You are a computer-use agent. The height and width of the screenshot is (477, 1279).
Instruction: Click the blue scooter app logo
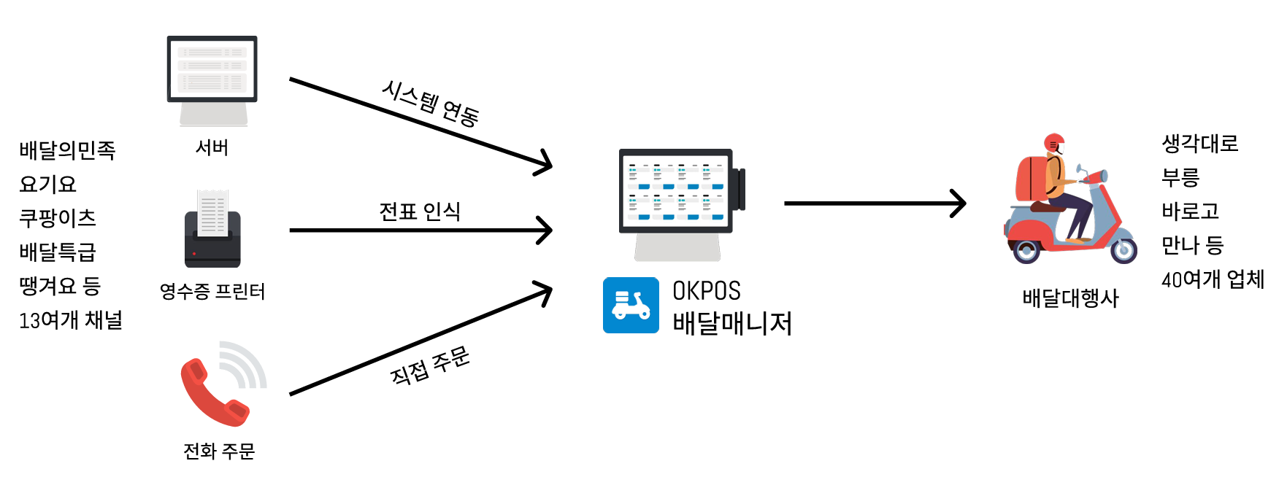(631, 306)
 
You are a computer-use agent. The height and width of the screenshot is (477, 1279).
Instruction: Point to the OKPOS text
(706, 291)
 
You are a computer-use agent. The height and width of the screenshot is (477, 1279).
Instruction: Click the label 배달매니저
(731, 323)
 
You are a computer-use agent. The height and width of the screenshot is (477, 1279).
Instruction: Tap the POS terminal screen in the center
(676, 191)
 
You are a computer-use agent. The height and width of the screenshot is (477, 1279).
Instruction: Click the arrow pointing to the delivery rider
(874, 203)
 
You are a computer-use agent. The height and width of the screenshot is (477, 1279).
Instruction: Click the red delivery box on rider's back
(1030, 178)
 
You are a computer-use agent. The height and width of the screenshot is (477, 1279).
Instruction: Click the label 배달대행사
(1070, 298)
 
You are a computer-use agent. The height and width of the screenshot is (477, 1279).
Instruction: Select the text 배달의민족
(67, 150)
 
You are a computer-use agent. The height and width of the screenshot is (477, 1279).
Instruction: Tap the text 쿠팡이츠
(58, 218)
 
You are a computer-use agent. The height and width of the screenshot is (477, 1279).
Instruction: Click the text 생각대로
(1199, 143)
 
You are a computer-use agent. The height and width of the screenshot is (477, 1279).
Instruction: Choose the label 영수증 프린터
(212, 292)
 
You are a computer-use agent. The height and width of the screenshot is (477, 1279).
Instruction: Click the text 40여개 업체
(1213, 279)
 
